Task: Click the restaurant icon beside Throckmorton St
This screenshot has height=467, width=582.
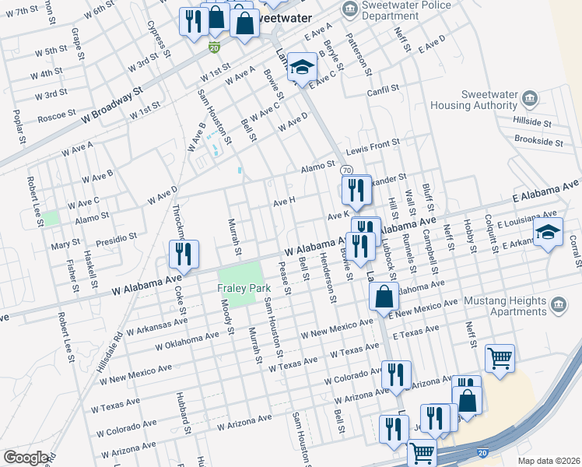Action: pyautogui.click(x=184, y=254)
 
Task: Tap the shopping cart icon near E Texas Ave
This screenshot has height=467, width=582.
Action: pyautogui.click(x=500, y=358)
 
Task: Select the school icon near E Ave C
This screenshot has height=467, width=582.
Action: pyautogui.click(x=301, y=67)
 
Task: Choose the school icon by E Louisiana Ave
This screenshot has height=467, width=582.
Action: pyautogui.click(x=548, y=232)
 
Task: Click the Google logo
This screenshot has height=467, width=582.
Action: pyautogui.click(x=25, y=458)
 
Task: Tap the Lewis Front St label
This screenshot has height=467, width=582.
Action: pyautogui.click(x=373, y=144)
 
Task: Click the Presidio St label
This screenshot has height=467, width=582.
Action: pyautogui.click(x=115, y=236)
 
